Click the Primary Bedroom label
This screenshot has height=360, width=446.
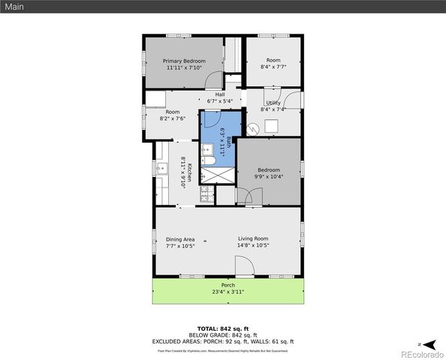[183, 60]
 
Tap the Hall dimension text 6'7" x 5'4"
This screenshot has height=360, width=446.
[220, 100]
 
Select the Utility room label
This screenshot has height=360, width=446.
[273, 103]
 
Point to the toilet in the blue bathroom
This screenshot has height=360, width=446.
[211, 160]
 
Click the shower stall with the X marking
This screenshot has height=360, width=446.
[218, 175]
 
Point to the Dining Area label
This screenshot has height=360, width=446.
[180, 239]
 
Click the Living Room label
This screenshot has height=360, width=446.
[253, 239]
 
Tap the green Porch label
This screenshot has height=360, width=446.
[228, 286]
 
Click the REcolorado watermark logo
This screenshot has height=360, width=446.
[421, 353]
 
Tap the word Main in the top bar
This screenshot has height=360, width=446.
[14, 7]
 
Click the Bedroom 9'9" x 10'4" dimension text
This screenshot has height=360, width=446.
[269, 177]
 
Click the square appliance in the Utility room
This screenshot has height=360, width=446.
[270, 127]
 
